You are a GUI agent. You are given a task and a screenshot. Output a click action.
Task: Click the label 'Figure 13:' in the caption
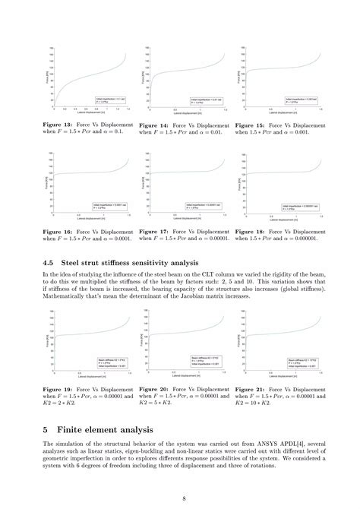pyautogui.click(x=58, y=125)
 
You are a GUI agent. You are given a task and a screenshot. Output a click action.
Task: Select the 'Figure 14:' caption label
pyautogui.click(x=154, y=125)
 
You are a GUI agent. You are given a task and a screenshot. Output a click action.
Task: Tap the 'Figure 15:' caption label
pyautogui.click(x=250, y=125)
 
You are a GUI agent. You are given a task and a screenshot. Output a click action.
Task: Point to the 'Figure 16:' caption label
pyautogui.click(x=58, y=230)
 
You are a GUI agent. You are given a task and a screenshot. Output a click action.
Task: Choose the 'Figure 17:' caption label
pyautogui.click(x=154, y=230)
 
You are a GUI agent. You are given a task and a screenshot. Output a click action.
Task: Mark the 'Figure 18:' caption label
pyautogui.click(x=250, y=230)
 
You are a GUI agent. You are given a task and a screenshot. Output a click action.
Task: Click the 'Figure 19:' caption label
pyautogui.click(x=58, y=389)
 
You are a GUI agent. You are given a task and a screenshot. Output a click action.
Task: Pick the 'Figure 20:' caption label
pyautogui.click(x=154, y=389)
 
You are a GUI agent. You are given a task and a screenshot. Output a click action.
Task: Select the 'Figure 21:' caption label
pyautogui.click(x=250, y=389)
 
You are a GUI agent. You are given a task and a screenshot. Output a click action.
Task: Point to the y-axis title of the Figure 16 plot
pyautogui.click(x=47, y=182)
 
